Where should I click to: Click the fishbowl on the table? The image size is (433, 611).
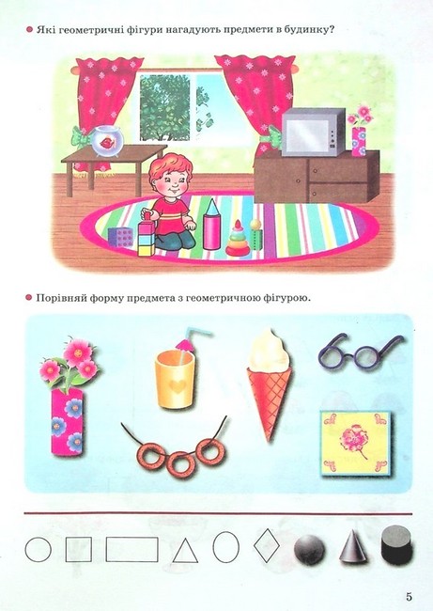click(107, 141)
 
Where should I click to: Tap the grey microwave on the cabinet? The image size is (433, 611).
click(314, 133)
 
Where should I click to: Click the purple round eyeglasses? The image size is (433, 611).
click(360, 352)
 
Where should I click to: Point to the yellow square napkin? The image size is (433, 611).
click(356, 443)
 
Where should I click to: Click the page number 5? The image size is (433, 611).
click(409, 597)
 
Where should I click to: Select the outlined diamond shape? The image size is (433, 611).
click(267, 545)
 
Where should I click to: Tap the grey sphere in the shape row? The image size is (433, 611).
click(309, 550)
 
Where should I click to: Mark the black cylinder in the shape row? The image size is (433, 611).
click(396, 545)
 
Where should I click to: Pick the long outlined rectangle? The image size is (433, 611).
click(132, 550)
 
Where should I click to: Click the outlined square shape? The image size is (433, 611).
click(79, 550)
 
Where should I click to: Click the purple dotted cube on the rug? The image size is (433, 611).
click(121, 237)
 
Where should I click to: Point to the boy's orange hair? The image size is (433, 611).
click(171, 166)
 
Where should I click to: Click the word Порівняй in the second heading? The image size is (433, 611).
click(60, 299)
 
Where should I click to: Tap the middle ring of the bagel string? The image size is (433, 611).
click(180, 463)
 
